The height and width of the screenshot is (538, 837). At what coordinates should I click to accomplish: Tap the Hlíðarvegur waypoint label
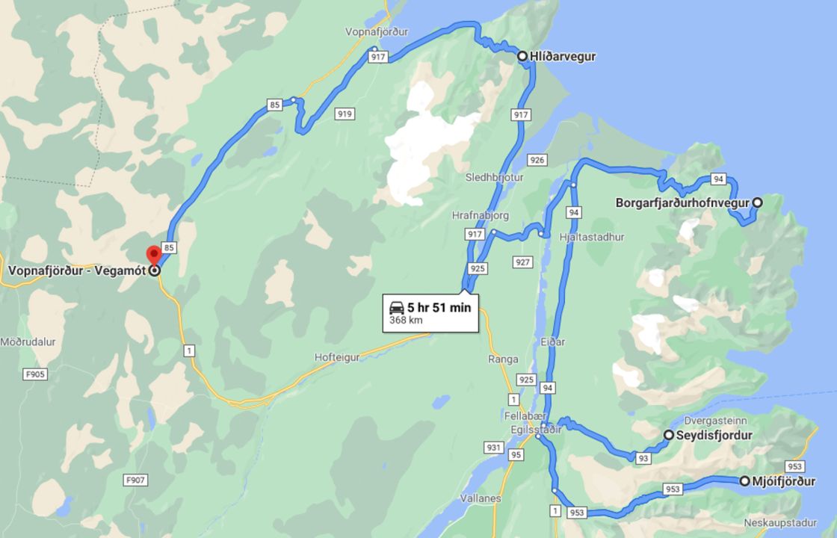[x=562, y=56]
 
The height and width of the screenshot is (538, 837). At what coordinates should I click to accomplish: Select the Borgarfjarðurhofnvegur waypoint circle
[x=757, y=202]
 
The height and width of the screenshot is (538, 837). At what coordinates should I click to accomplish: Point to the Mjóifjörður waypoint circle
[x=745, y=481]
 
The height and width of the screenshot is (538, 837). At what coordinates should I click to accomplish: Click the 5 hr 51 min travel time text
[x=439, y=307]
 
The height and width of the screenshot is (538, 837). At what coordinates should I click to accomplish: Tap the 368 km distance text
[x=406, y=321]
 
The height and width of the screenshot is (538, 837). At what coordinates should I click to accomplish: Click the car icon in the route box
[x=395, y=307]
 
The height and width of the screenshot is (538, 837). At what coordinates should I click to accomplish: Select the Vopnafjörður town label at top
[x=377, y=32]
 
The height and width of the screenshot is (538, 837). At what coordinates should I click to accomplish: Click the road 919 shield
[x=345, y=114]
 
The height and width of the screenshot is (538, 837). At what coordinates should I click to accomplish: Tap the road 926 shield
[x=537, y=160]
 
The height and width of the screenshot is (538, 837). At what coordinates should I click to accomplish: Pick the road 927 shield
[x=522, y=262]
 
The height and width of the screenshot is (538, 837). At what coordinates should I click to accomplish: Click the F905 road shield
[x=35, y=374]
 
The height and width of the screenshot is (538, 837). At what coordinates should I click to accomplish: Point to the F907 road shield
[x=136, y=480]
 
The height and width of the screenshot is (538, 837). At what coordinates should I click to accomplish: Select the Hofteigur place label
[x=337, y=357]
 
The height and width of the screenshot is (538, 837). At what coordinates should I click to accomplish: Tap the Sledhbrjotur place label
[x=495, y=178]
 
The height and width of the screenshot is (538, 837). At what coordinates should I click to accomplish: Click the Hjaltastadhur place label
[x=591, y=237]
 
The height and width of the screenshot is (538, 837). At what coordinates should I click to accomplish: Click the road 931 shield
[x=493, y=448]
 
